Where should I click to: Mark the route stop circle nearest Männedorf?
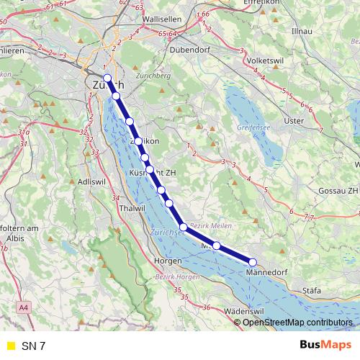click(x=253, y=262)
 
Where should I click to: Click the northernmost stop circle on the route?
click(x=107, y=78)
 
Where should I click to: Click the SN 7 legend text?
click(x=33, y=346)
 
